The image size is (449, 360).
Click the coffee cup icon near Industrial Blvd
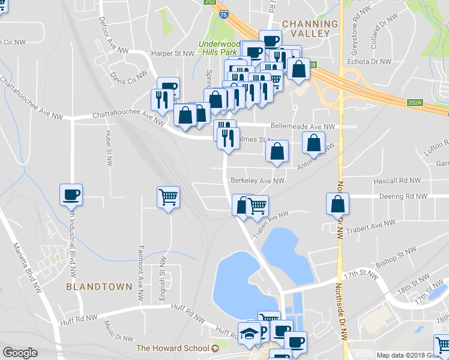pyautogui.click(x=70, y=194)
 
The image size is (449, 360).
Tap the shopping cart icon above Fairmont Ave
pyautogui.click(x=168, y=196)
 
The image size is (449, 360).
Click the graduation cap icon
pyautogui.click(x=249, y=333)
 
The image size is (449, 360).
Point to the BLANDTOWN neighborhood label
pyautogui.click(x=99, y=287)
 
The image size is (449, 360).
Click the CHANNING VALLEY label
pyautogui.click(x=310, y=28)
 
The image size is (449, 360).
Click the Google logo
pyautogui.click(x=20, y=353)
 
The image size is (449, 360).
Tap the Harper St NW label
pyautogui.click(x=173, y=53)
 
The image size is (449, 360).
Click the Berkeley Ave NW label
pyautogui.click(x=257, y=180)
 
